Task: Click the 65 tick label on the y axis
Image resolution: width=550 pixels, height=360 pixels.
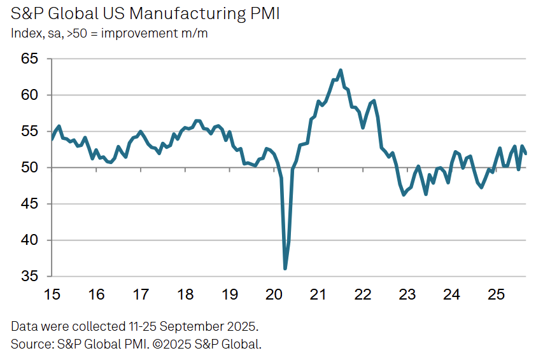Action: [x=30, y=59]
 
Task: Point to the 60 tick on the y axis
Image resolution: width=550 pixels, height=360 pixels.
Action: [x=30, y=95]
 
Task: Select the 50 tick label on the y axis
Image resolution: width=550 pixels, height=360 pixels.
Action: [x=30, y=168]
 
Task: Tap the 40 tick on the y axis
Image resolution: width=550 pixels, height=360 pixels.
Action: [x=30, y=240]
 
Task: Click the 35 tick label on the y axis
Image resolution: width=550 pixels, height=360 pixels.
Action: [x=30, y=277]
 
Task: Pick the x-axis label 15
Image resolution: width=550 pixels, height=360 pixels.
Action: [x=52, y=295]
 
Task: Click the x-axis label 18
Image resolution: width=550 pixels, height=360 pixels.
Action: [x=185, y=295]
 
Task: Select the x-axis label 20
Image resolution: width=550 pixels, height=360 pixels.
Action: [x=274, y=295]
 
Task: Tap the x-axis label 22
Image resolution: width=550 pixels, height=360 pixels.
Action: [x=363, y=295]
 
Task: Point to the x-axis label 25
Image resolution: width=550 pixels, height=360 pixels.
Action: [x=497, y=295]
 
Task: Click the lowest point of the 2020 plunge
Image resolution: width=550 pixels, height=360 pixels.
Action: [x=285, y=268]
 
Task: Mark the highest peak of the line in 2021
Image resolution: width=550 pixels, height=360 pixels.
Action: [x=341, y=70]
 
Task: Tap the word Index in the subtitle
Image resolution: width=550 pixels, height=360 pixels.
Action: [x=25, y=33]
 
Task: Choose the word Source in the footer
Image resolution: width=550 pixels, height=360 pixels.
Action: [x=30, y=344]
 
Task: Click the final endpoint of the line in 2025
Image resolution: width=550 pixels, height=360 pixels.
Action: [x=526, y=153]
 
